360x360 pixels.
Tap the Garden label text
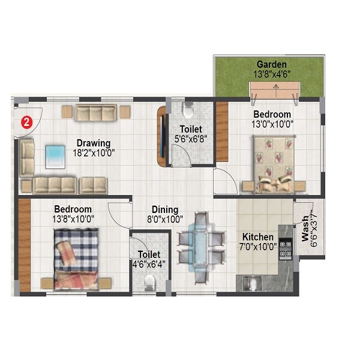pyautogui.click(x=271, y=64)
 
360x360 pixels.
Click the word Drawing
pyautogui.click(x=93, y=143)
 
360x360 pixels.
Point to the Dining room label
pyautogui.click(x=164, y=209)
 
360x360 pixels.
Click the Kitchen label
pyautogui.click(x=257, y=237)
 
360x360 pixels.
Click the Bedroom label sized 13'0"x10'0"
pyautogui.click(x=272, y=114)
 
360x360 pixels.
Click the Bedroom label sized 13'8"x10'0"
pyautogui.click(x=73, y=209)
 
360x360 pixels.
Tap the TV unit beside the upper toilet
pyautogui.click(x=161, y=136)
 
